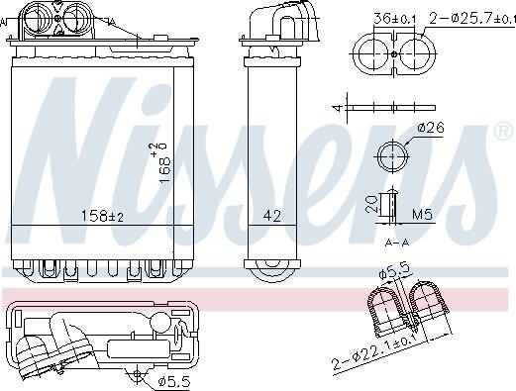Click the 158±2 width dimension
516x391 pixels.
pyautogui.click(x=103, y=215)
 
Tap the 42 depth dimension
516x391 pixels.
pyautogui.click(x=271, y=215)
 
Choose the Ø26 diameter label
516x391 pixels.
pyautogui.click(x=428, y=127)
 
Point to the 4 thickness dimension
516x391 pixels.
pyautogui.click(x=338, y=106)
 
